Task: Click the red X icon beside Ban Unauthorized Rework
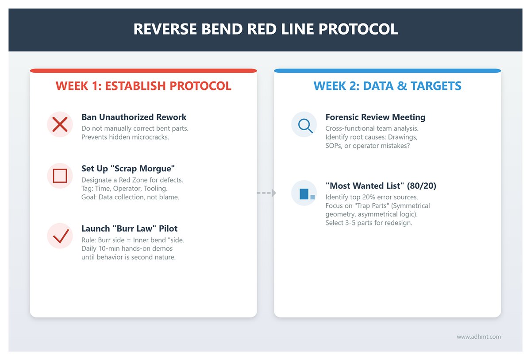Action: coord(60,124)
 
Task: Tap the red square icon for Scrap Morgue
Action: coord(60,176)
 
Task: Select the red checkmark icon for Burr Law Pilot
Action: coord(60,236)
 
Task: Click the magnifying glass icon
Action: coord(304,124)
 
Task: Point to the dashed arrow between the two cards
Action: coord(266,193)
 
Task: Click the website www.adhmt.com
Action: coord(479,337)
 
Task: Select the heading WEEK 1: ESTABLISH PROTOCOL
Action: coord(143,86)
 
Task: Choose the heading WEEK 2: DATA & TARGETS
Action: coord(387,86)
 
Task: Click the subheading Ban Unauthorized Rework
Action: coord(134,117)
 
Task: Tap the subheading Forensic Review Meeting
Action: coord(375,117)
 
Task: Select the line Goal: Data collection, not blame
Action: coord(130,197)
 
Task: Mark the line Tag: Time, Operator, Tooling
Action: coord(124,188)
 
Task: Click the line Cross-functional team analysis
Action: coord(372,128)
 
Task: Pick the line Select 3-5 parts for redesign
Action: coord(369,223)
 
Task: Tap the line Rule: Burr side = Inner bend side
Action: coord(133,240)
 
